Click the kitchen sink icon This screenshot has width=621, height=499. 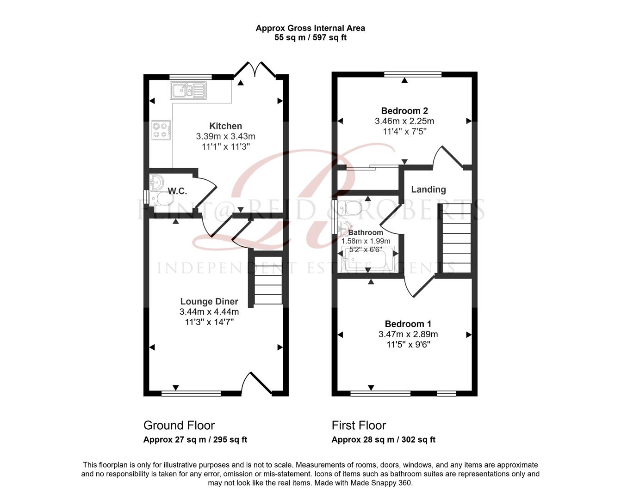[188, 91]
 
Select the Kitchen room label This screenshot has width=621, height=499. [225, 126]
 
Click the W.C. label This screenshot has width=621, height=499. [177, 191]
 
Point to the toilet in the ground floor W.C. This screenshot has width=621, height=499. [162, 199]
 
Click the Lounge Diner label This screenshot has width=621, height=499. [209, 302]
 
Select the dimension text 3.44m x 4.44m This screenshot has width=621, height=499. [209, 312]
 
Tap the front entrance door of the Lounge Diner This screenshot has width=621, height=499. [257, 383]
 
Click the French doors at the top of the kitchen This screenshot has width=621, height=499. [255, 69]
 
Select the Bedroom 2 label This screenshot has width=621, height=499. [404, 111]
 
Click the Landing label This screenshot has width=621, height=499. [428, 189]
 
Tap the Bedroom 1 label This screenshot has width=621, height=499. [408, 324]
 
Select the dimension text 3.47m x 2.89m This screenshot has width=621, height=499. [408, 334]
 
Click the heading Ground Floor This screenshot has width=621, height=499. [179, 425]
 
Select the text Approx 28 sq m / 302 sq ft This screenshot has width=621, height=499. [383, 440]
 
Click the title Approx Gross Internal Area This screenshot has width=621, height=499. [310, 28]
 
